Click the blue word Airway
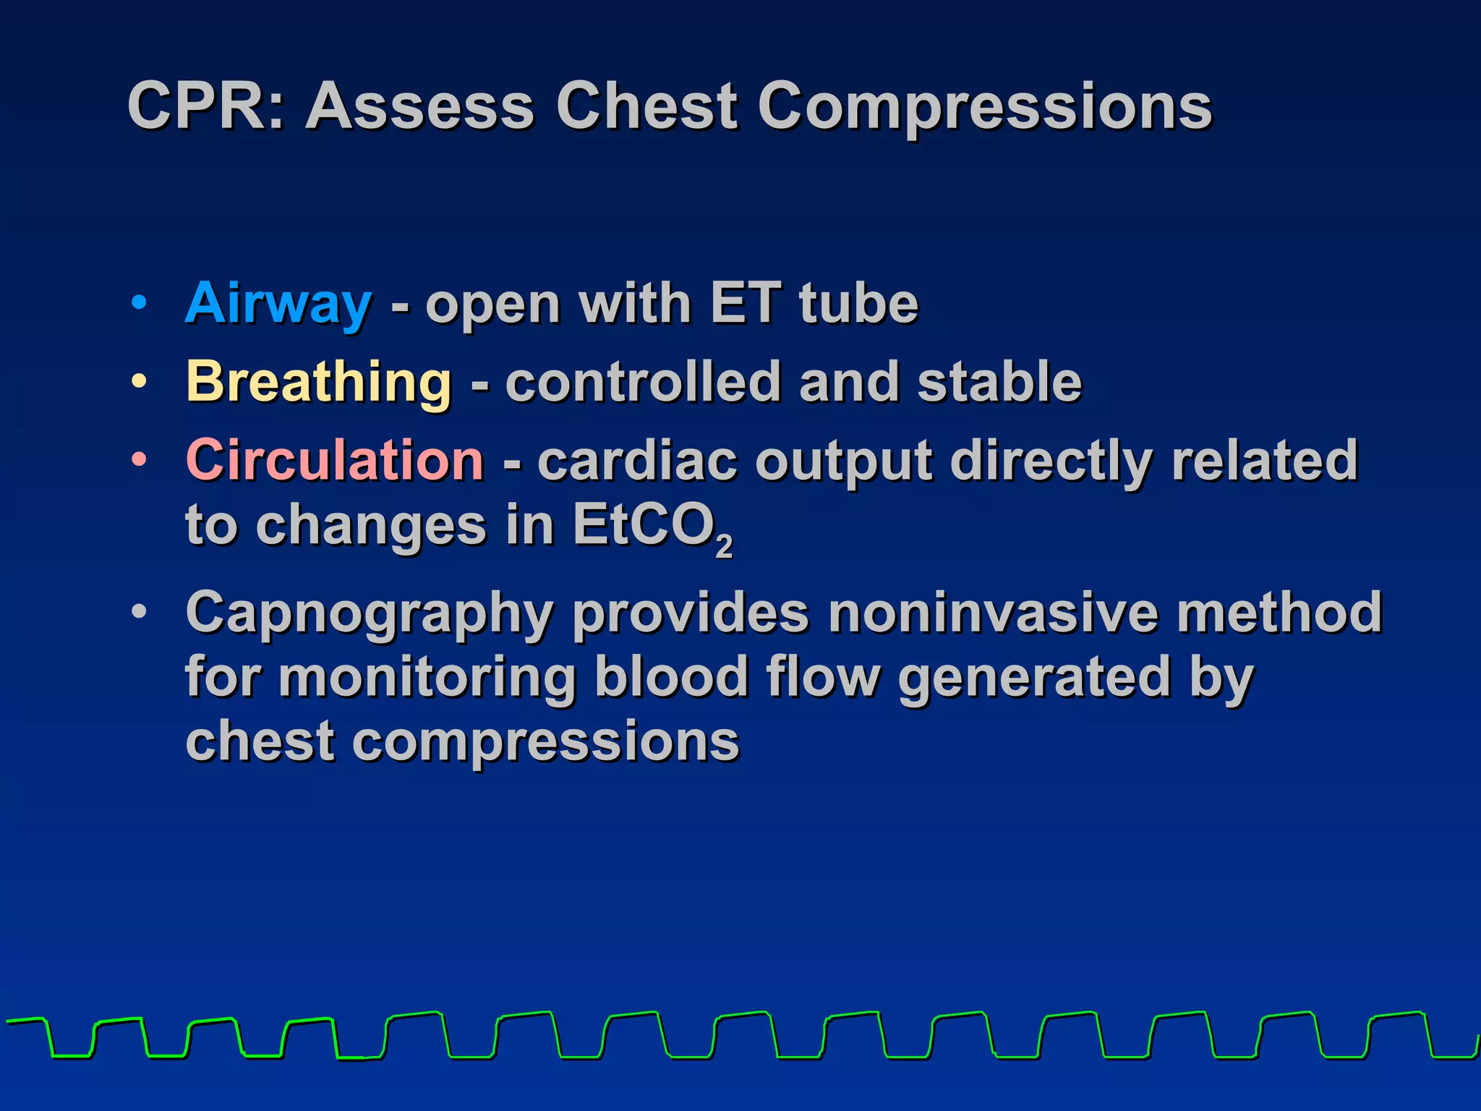278,304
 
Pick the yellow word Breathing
319,382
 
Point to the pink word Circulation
334,460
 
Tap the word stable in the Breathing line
999,381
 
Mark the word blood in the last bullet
671,676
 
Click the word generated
1034,678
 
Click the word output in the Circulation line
843,461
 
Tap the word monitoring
427,678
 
